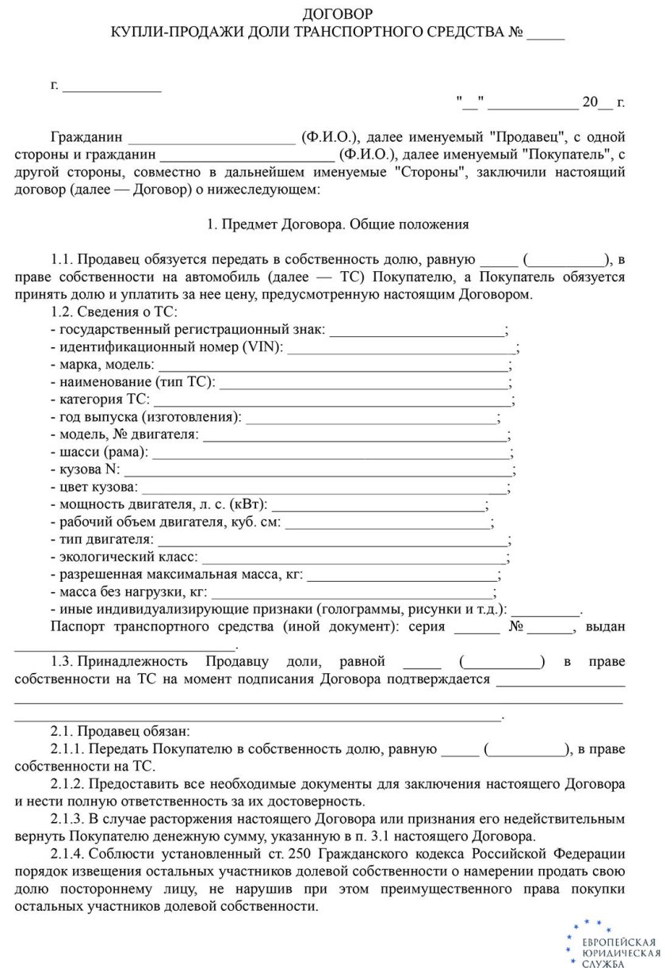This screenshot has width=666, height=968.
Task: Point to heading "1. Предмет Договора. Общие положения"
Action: (x=338, y=224)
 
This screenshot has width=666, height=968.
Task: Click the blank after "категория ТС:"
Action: (x=332, y=400)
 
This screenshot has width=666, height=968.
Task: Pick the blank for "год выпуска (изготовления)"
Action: (x=372, y=417)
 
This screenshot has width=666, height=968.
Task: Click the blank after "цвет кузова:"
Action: (x=324, y=487)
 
